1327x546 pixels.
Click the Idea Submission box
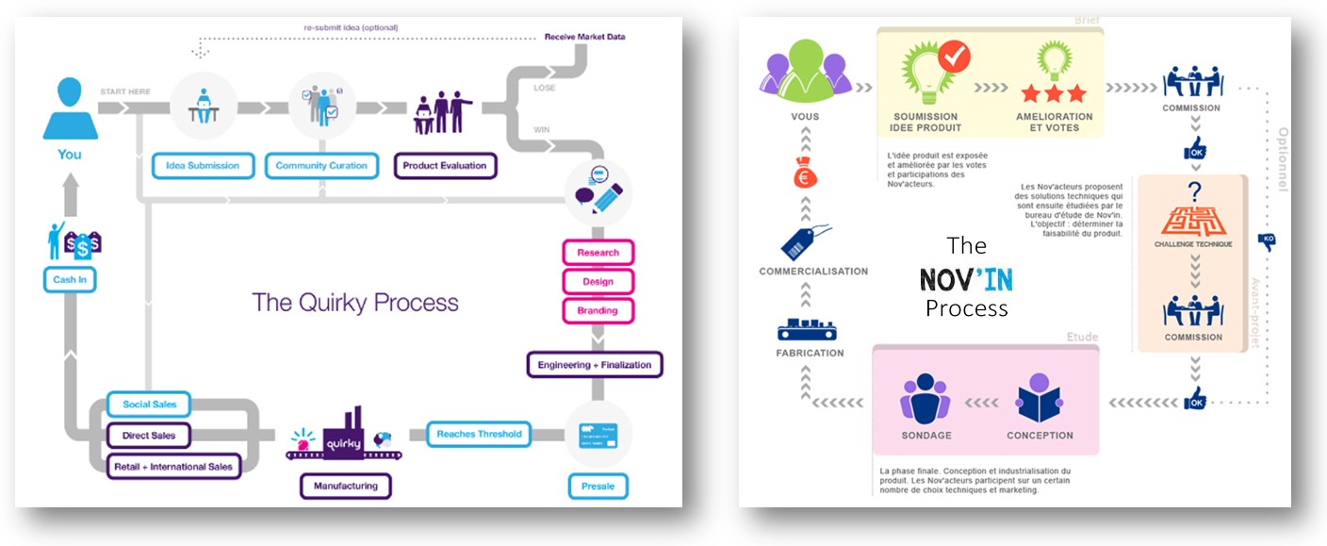click(x=203, y=166)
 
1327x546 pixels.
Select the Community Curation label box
click(x=321, y=166)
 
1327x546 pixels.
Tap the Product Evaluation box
click(x=445, y=166)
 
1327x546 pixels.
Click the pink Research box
click(x=598, y=253)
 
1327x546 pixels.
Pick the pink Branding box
click(x=598, y=310)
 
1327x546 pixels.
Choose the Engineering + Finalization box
click(x=595, y=365)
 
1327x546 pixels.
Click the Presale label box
click(x=598, y=487)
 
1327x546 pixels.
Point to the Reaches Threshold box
click(x=479, y=435)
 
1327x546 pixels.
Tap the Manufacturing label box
click(x=346, y=487)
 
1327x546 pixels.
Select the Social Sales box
click(x=149, y=405)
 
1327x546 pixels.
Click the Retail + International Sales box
click(x=173, y=466)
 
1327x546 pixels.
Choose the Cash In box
click(x=70, y=280)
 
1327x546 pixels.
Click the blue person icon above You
click(x=70, y=108)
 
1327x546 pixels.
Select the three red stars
click(x=1054, y=93)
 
